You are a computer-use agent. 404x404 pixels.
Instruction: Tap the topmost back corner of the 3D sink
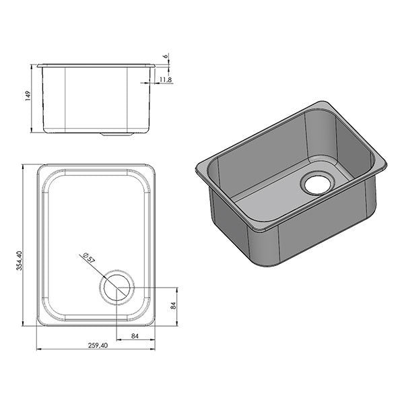pos(324,103)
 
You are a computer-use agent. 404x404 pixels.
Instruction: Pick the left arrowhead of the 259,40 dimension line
pos(38,349)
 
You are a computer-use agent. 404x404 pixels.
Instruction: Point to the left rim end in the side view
pos(38,65)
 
